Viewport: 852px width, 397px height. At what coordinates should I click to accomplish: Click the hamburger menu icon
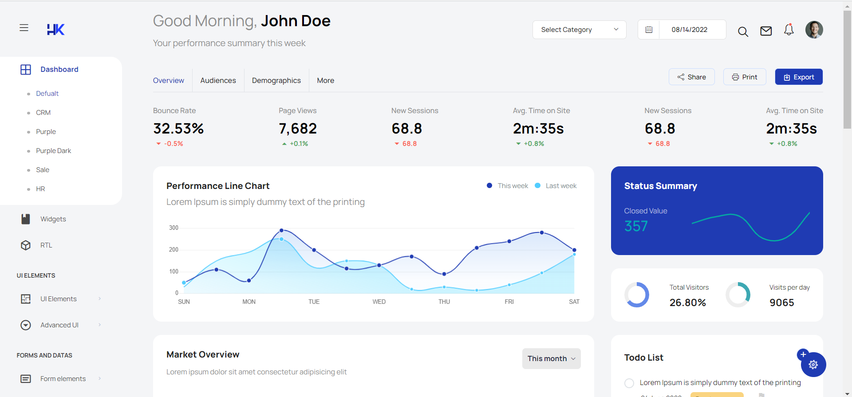click(x=24, y=28)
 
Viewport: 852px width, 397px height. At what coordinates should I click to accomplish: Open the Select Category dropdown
click(x=579, y=30)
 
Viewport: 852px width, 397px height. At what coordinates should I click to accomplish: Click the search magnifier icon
click(x=743, y=31)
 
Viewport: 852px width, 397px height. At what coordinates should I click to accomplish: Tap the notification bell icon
click(x=789, y=30)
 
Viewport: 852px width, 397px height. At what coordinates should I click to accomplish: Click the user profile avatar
click(x=814, y=30)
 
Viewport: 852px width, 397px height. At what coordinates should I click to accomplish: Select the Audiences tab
click(x=218, y=80)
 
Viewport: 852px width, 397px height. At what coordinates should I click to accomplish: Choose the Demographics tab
click(x=276, y=80)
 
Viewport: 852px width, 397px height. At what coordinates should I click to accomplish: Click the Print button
click(x=745, y=77)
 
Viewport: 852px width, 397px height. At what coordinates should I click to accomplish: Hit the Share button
click(x=691, y=77)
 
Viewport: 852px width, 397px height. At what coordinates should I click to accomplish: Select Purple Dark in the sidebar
click(x=53, y=151)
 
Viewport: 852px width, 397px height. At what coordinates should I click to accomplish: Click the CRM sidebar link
click(x=43, y=113)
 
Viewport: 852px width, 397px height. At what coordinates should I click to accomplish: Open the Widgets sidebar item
click(x=53, y=219)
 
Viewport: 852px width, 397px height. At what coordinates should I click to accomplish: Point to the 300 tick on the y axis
click(x=174, y=228)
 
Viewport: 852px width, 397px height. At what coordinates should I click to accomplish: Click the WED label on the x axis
click(x=379, y=302)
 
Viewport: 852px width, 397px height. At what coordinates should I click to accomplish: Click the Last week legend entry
click(x=561, y=186)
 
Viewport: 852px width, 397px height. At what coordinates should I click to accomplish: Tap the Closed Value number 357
click(x=636, y=226)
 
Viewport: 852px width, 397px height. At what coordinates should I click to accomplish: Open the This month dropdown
click(x=551, y=358)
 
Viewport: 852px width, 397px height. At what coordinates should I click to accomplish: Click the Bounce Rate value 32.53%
click(x=178, y=129)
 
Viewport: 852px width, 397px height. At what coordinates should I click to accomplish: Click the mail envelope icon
click(x=766, y=31)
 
